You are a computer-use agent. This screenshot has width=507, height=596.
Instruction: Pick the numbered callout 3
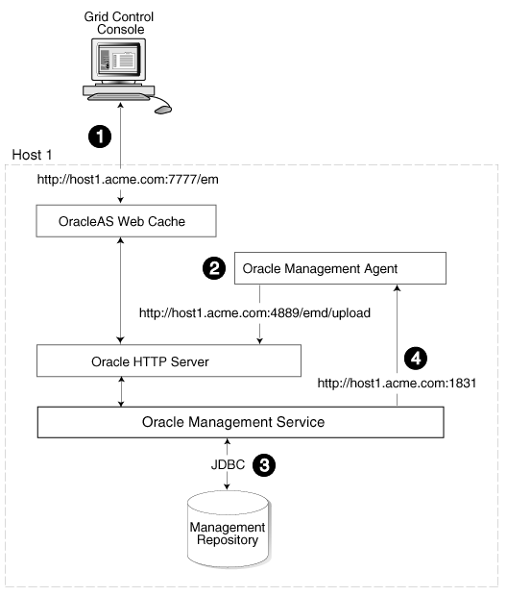point(264,465)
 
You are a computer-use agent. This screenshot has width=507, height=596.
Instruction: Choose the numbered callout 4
point(416,358)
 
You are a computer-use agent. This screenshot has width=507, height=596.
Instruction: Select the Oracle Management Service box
point(239,422)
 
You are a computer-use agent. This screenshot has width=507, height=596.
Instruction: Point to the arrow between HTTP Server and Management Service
point(121,392)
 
